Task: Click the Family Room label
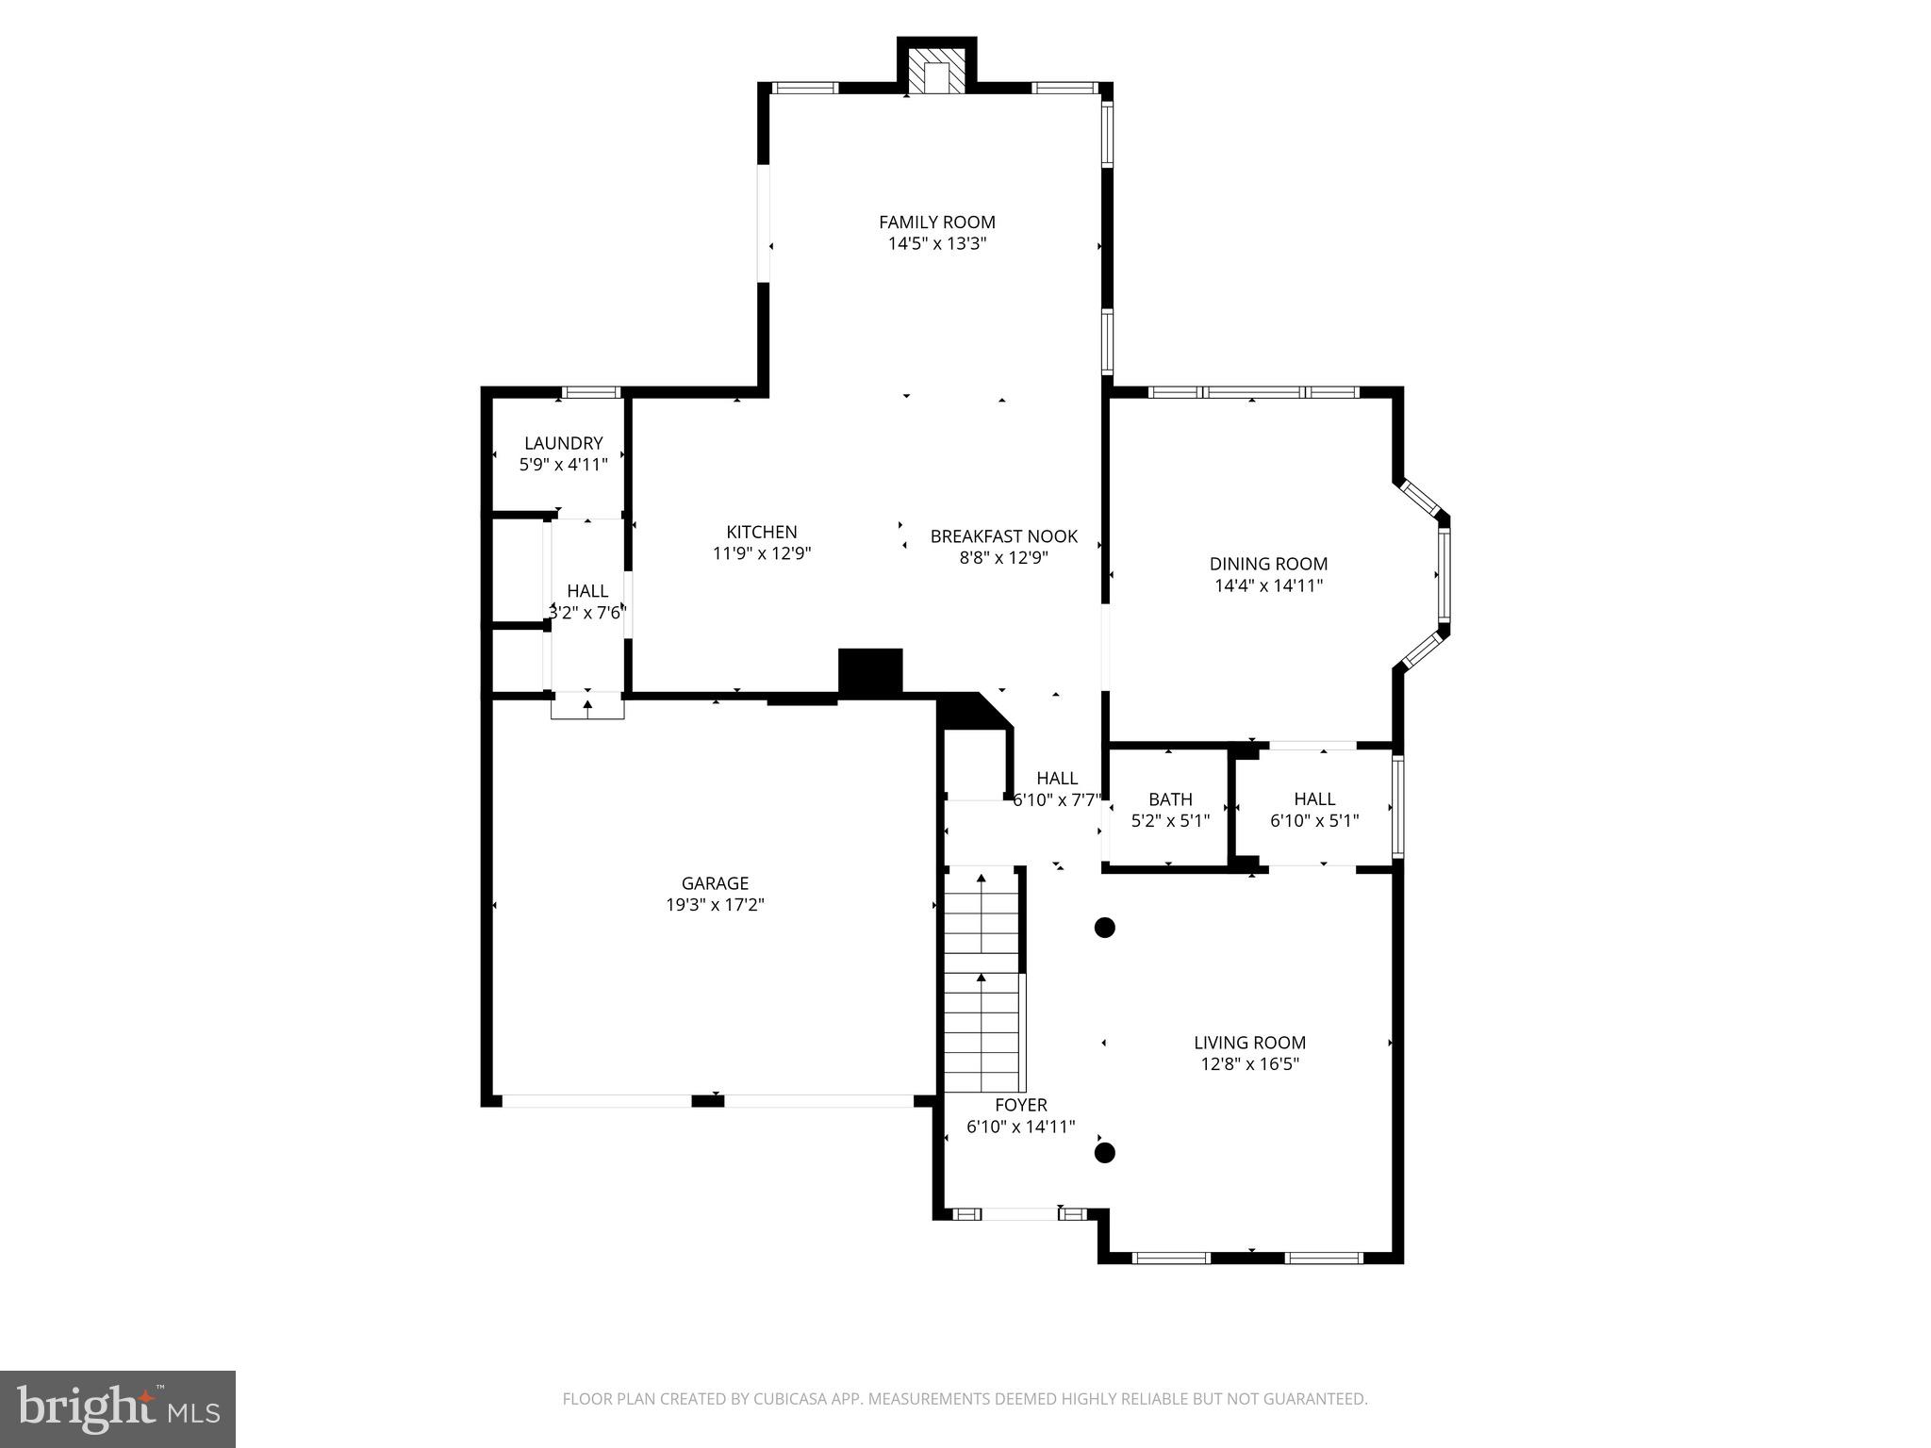tap(936, 222)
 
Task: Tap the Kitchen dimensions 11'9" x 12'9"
tap(761, 553)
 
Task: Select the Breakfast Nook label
tap(1003, 536)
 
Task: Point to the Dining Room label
tap(1268, 564)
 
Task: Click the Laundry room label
tap(563, 443)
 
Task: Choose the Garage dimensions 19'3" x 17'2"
tap(715, 905)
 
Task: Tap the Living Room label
tap(1249, 1043)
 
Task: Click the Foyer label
tap(1020, 1105)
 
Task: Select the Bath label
tap(1170, 799)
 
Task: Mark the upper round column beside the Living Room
tap(1104, 928)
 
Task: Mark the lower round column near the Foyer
tap(1104, 1152)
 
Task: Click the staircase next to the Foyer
tap(982, 980)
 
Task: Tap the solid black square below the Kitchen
tap(870, 671)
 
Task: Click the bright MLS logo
tap(117, 1408)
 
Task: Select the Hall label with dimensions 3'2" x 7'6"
tap(586, 591)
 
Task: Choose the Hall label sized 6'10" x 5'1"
tap(1313, 799)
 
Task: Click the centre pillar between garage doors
tap(707, 1101)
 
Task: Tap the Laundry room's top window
tap(590, 392)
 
